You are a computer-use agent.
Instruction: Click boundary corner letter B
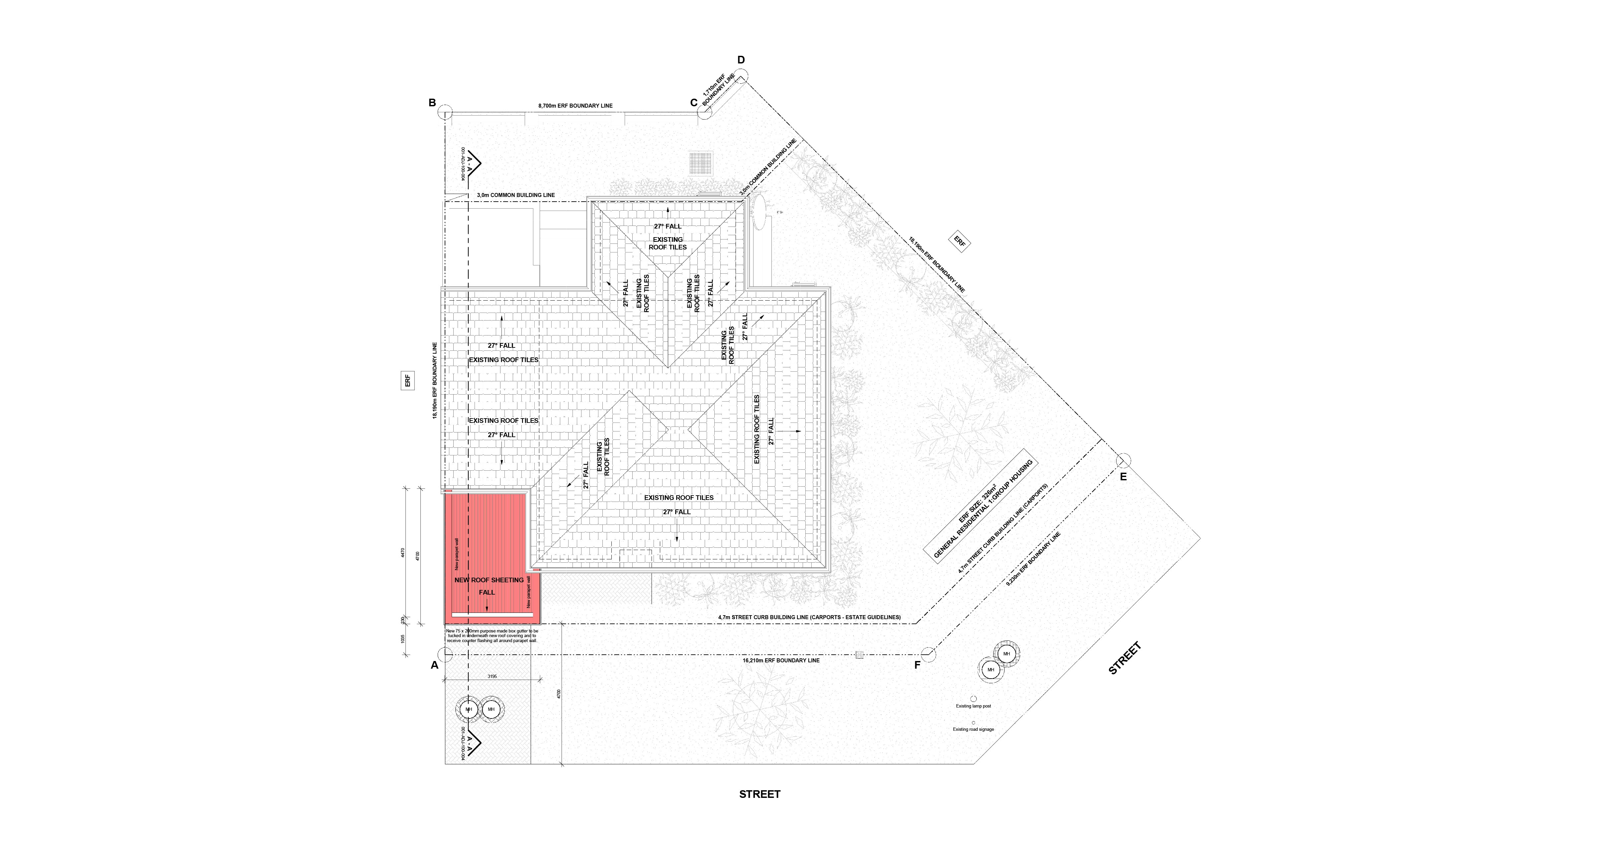[x=432, y=103]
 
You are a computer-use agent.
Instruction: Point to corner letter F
[x=917, y=665]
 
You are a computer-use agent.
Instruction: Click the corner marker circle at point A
[x=445, y=654]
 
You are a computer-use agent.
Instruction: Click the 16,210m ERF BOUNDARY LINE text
[x=781, y=660]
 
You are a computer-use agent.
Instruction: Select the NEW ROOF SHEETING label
[x=489, y=580]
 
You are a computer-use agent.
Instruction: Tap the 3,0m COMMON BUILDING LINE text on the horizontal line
[x=516, y=195]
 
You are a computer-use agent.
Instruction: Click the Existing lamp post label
[x=973, y=706]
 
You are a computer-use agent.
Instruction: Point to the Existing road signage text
[x=973, y=729]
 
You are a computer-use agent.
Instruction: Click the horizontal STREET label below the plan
[x=759, y=794]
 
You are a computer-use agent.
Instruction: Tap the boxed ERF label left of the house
[x=408, y=380]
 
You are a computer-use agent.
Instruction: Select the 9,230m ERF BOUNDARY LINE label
[x=1033, y=559]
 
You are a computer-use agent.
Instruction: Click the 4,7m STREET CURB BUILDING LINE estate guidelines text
[x=809, y=617]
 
